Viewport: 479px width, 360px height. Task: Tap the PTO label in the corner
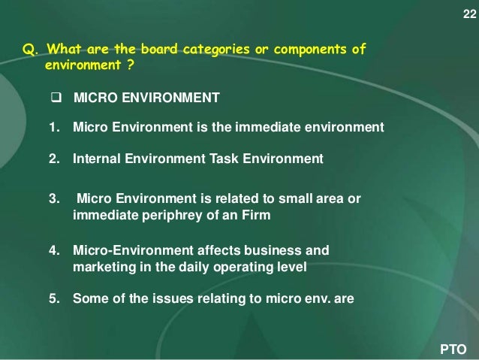(x=453, y=349)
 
